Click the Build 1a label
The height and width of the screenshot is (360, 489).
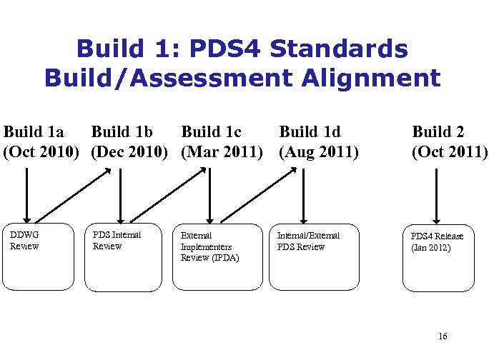click(34, 132)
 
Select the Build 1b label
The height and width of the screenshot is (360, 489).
click(122, 132)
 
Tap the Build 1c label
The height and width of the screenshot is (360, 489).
click(212, 132)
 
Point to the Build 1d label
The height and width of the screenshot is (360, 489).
click(310, 132)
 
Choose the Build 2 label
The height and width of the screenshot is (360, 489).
click(438, 132)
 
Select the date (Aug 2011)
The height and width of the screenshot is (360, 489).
click(319, 152)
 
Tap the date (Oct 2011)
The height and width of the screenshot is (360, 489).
click(450, 152)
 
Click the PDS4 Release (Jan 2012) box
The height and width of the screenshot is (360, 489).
click(438, 258)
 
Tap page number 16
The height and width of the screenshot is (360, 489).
click(443, 336)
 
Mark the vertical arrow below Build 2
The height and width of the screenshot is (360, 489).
click(437, 194)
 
